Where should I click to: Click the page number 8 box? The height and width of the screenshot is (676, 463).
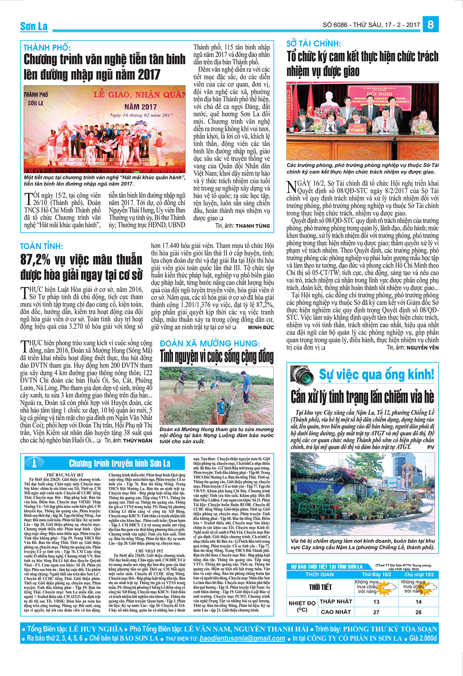(x=430, y=25)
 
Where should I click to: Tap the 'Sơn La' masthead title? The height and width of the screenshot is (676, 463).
(x=34, y=26)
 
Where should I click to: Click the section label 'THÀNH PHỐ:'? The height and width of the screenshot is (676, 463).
(x=47, y=48)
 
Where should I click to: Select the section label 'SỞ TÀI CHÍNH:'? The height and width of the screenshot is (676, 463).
(x=314, y=44)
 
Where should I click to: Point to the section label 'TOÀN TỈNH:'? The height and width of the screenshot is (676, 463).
(x=41, y=246)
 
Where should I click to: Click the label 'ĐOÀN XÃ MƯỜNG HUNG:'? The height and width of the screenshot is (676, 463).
(x=210, y=343)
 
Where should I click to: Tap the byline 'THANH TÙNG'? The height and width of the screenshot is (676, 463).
(x=253, y=226)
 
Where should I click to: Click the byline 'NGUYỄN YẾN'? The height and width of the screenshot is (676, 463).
(x=422, y=347)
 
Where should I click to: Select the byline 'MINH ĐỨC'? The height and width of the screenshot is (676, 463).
(x=261, y=327)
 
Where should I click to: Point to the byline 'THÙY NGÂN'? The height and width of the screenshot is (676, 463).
(x=138, y=440)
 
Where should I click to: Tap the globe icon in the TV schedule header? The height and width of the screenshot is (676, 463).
(x=34, y=463)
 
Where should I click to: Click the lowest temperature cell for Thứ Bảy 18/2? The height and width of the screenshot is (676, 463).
(x=376, y=602)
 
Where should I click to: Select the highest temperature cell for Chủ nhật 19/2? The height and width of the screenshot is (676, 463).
(x=419, y=612)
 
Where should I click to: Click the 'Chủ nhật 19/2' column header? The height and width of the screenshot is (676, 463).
(x=419, y=574)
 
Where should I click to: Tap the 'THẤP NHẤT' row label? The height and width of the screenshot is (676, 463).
(x=336, y=602)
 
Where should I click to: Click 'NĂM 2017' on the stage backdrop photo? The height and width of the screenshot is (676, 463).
(x=140, y=107)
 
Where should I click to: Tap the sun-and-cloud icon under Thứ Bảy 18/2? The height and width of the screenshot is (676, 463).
(x=387, y=587)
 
